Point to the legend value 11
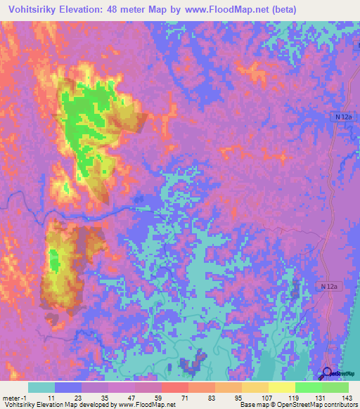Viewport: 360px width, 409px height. pos(51,397)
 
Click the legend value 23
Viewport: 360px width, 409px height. pos(78,397)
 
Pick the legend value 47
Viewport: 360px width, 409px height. pos(131,397)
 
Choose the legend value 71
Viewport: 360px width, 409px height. pos(185,397)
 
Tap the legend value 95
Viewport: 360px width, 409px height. pos(238,397)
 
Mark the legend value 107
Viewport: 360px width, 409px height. pos(265,397)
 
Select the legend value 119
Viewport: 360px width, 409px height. pos(292,397)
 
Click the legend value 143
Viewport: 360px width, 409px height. pos(345,397)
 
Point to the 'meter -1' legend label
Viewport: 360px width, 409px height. pos(15,397)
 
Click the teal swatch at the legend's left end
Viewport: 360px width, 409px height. pos(41,387)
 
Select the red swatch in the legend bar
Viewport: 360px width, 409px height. pos(175,387)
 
